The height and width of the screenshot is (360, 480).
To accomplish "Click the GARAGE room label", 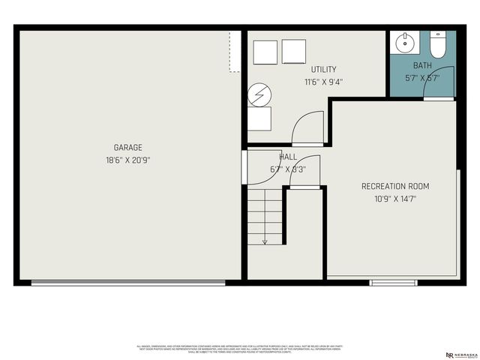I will [127, 148].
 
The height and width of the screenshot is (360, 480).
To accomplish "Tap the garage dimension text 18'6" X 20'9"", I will [127, 160].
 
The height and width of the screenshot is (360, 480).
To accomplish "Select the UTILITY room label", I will [324, 70].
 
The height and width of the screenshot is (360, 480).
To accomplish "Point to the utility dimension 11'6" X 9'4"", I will [324, 82].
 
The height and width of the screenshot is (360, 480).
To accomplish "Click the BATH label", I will [421, 65].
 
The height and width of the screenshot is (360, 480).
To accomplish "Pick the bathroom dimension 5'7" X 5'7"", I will [421, 77].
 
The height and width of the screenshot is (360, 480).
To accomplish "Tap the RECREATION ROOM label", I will [395, 186].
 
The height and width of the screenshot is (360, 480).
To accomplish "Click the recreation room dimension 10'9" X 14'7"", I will [395, 199].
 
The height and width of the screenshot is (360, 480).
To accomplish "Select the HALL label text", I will [288, 157].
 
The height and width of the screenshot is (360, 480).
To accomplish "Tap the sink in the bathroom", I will [405, 42].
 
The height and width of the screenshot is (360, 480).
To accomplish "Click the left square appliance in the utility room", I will [265, 51].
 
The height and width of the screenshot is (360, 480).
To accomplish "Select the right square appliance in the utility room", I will [294, 51].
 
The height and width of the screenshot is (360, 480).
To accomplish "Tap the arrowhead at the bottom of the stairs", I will [265, 242].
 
